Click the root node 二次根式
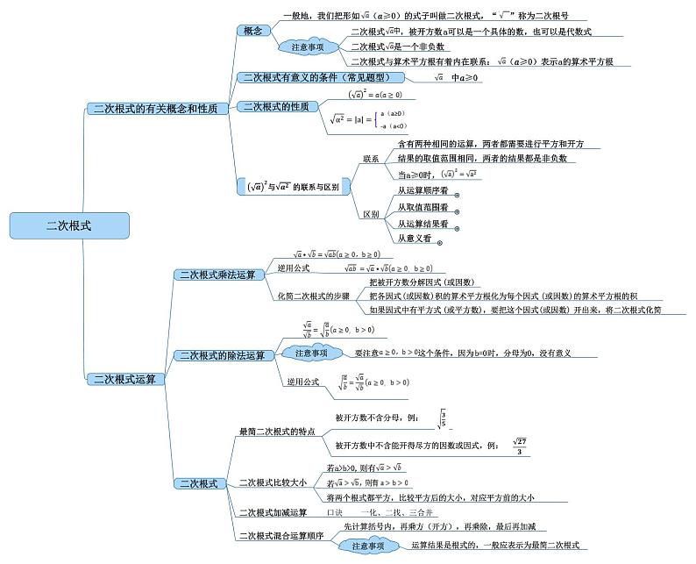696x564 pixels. click(68, 225)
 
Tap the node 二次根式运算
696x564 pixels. click(124, 380)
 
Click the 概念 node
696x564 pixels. click(252, 31)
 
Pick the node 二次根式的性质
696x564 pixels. click(275, 107)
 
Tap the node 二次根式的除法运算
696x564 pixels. click(221, 355)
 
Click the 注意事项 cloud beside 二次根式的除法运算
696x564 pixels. click(311, 353)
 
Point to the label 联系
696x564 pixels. click(371, 159)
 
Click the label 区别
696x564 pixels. click(371, 214)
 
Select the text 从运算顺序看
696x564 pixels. click(423, 190)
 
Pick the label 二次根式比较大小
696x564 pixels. click(273, 482)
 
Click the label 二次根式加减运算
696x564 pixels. click(273, 512)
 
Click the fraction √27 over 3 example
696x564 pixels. click(519, 446)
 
